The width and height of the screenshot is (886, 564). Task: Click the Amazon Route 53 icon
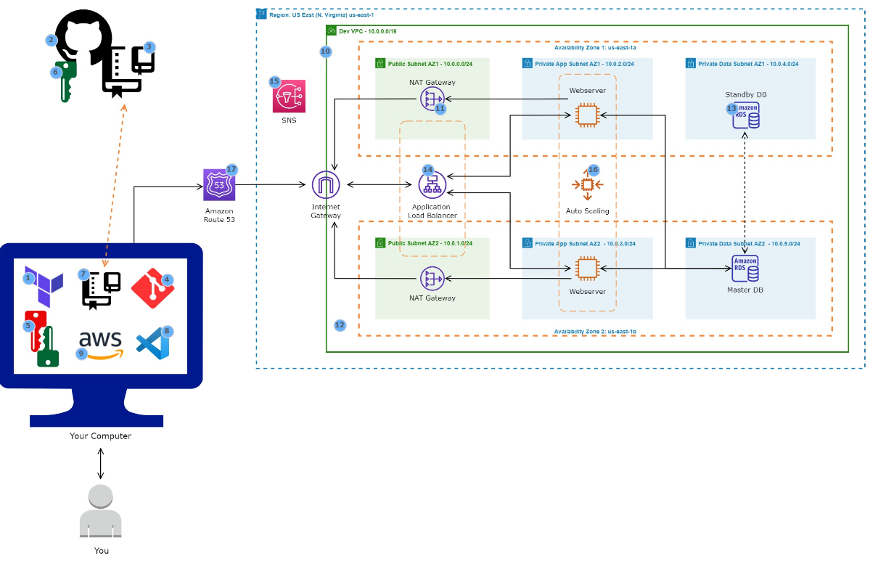coord(219,185)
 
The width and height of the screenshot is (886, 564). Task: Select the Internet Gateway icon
coord(326,185)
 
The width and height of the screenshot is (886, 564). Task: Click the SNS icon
coord(289,97)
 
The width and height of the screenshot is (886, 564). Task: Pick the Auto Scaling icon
coord(588,185)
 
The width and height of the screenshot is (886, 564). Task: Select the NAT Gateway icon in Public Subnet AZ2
coord(432,277)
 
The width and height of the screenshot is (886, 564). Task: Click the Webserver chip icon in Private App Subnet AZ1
coord(587,115)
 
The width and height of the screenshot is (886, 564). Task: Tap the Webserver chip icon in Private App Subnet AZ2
coord(587,269)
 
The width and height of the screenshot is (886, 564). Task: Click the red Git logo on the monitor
coord(152,287)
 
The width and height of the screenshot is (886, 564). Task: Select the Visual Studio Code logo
coord(153,343)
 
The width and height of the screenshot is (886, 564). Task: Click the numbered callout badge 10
coord(325,52)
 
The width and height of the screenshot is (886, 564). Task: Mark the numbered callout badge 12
coord(340,325)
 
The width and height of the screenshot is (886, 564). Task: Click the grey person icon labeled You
coord(101,512)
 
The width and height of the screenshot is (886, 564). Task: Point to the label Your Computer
coord(101,436)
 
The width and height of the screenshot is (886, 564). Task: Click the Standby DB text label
coord(745,95)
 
